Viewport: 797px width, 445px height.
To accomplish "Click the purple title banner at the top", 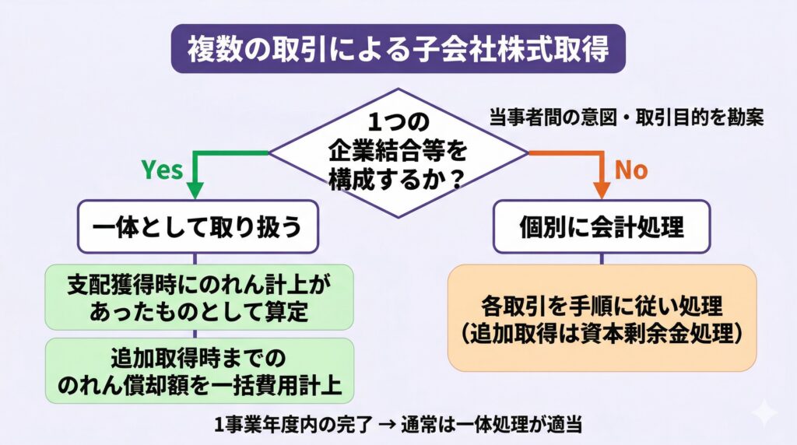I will coord(398,49).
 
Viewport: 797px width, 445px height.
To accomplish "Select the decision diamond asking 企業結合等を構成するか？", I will coord(398,152).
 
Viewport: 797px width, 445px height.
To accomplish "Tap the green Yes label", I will coord(161,170).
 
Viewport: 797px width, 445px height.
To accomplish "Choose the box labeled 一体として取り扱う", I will coord(195,226).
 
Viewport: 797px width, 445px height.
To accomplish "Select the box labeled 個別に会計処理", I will coord(602,226).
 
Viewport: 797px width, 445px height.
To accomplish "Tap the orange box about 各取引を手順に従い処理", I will coord(602,317).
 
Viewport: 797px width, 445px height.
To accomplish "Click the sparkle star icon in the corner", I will coord(765,412).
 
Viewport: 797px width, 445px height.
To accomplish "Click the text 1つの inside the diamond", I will coord(398,123).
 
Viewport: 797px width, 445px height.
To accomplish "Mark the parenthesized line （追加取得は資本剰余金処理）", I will coord(602,331).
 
